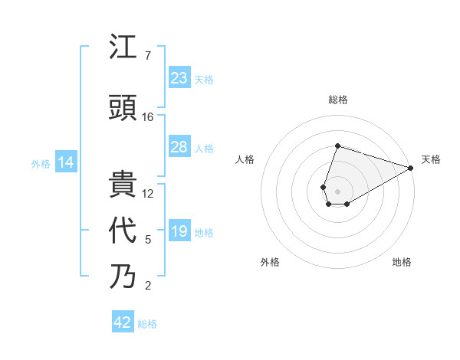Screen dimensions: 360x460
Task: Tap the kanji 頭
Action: tap(123, 109)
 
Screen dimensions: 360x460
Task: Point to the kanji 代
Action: tap(123, 231)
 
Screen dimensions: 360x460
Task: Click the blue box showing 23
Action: tap(179, 77)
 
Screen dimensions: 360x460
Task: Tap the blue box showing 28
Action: tap(179, 146)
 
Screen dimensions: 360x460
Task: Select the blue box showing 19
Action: tap(179, 231)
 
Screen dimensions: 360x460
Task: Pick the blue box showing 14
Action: tap(65, 162)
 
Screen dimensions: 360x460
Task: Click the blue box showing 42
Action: tap(123, 322)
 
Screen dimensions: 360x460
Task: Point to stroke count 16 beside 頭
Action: tap(148, 117)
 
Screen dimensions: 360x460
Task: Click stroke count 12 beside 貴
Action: tap(148, 193)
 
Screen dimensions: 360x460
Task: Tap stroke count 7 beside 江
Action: tap(148, 56)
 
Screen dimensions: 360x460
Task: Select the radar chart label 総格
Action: tap(337, 100)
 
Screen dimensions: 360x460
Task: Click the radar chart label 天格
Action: tap(431, 159)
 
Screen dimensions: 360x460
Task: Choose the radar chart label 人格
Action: tap(245, 159)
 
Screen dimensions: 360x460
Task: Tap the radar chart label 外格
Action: tap(270, 262)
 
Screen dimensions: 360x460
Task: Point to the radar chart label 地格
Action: tap(402, 262)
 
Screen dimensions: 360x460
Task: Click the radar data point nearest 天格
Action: tap(411, 167)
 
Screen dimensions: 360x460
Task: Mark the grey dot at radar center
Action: tap(337, 190)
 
